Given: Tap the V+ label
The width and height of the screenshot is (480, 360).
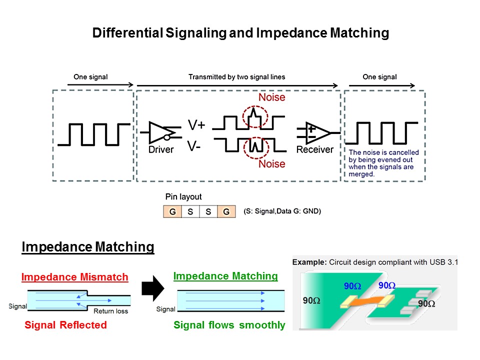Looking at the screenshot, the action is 196,125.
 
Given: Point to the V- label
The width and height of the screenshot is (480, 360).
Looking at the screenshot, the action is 194,146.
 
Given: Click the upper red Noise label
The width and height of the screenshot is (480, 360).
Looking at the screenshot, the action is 272,97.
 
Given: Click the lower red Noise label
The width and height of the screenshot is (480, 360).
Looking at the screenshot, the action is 272,164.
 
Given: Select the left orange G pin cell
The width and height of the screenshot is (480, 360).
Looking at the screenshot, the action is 172,211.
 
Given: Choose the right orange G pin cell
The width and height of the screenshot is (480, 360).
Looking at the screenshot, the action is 226,211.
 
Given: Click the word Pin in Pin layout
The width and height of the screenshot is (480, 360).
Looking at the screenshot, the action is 171,196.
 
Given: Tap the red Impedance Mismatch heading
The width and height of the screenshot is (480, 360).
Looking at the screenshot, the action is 74,277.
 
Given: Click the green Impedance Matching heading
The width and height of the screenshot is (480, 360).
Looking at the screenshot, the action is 225,276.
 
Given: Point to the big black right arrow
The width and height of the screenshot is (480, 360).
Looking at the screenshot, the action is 153,288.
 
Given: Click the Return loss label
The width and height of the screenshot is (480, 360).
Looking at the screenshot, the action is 111,311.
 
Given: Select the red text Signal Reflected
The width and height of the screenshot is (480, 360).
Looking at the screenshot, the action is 66,325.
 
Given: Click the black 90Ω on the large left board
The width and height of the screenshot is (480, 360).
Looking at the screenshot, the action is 311,300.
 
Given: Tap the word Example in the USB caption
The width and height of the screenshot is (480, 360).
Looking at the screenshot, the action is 309,262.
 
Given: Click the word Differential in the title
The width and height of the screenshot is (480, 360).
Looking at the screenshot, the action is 127,33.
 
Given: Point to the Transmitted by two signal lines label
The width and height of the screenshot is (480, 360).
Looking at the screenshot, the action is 236,77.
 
